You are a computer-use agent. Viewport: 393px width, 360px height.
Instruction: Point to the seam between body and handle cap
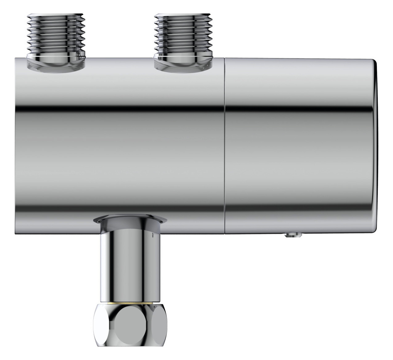click(x=224, y=145)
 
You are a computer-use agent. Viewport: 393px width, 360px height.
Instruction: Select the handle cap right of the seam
click(x=299, y=154)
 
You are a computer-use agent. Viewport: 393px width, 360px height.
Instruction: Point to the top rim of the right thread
click(x=184, y=15)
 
